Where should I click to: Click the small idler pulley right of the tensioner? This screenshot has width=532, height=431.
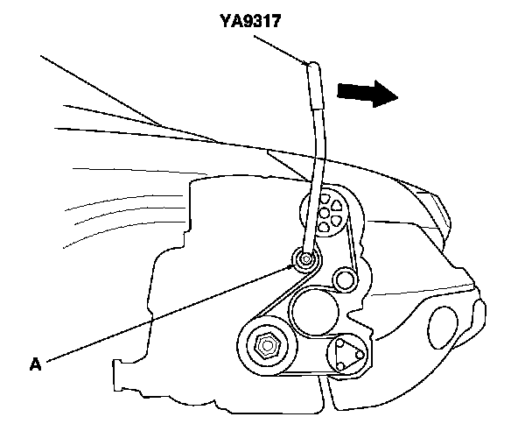[x=343, y=279]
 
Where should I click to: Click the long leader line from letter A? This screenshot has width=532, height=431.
[x=166, y=311]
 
